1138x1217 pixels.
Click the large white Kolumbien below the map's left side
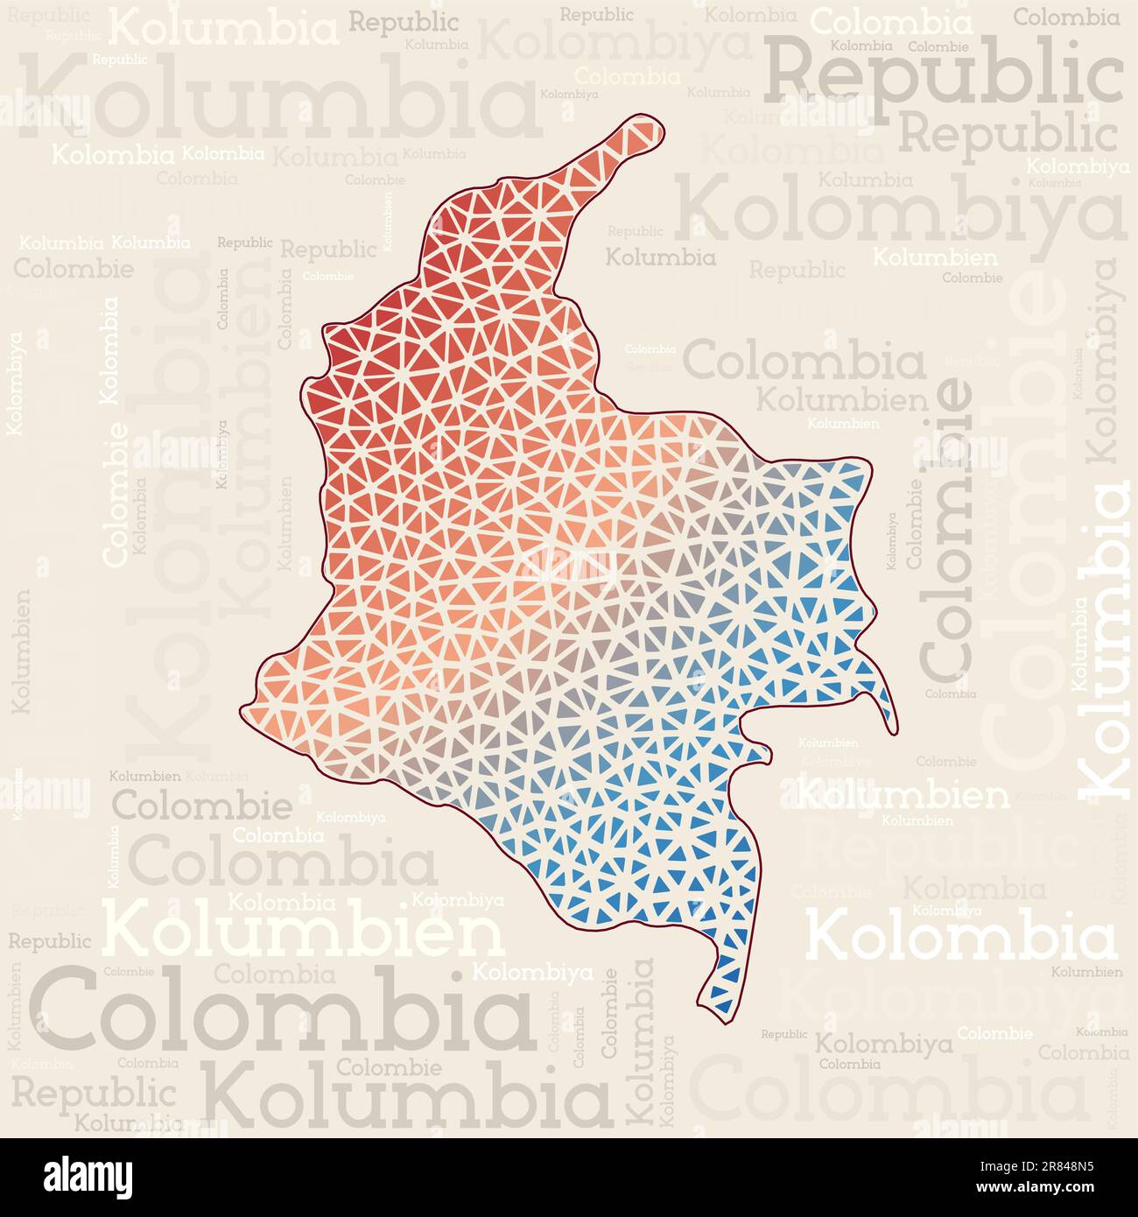coord(304,932)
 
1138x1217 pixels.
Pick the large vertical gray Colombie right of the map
coord(947,530)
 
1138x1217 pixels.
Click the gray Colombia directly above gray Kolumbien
coord(804,362)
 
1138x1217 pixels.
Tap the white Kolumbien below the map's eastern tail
coord(903,795)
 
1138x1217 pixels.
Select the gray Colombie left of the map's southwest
coord(202,805)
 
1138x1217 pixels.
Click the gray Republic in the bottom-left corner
coord(94,1093)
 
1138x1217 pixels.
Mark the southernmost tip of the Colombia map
coord(723,1021)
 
